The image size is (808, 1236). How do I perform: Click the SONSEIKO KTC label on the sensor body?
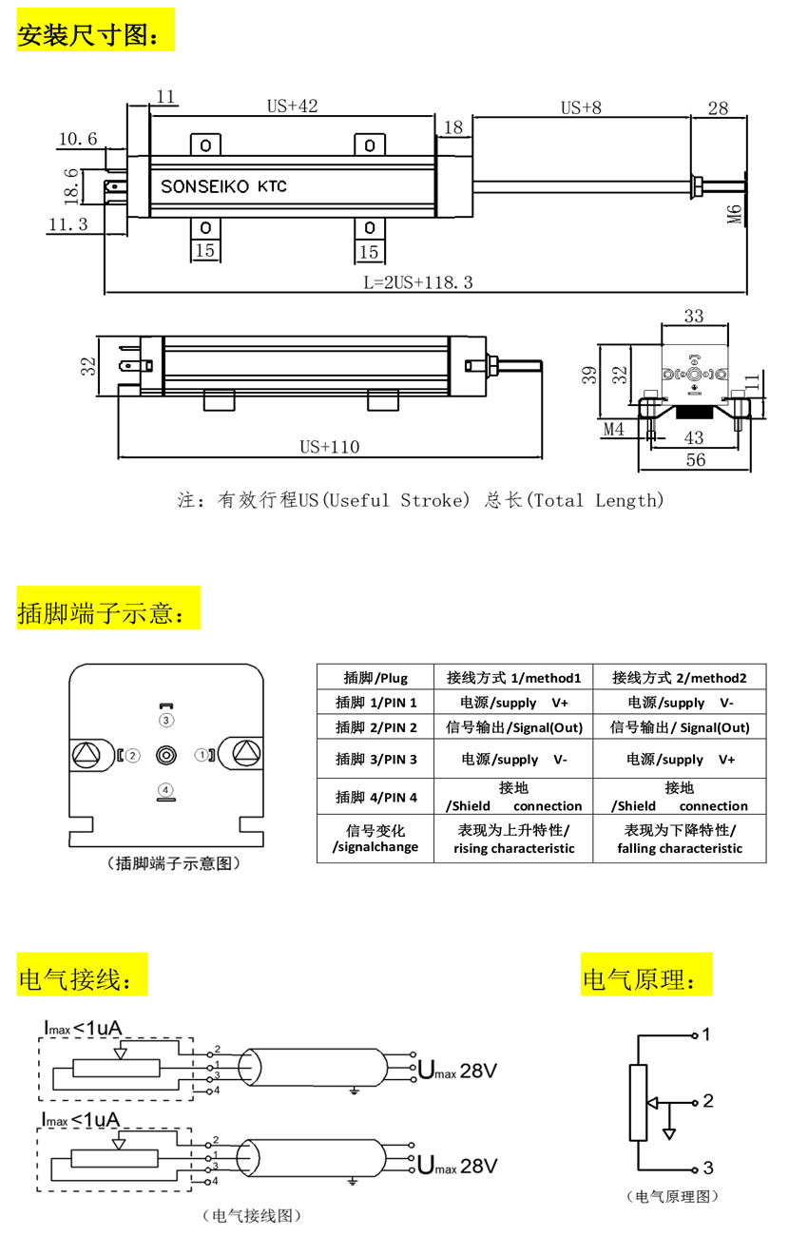[x=223, y=186]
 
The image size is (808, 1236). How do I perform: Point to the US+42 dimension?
[x=293, y=106]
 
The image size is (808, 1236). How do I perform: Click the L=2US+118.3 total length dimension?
[x=418, y=282]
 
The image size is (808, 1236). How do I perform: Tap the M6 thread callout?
[x=734, y=214]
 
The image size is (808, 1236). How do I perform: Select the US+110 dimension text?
[x=330, y=447]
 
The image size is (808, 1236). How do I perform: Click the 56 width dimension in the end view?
[x=696, y=459]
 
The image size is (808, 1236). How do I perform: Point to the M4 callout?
[x=614, y=429]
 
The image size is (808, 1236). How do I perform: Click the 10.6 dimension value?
[x=78, y=139]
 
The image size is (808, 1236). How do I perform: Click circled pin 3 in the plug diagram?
[x=166, y=720]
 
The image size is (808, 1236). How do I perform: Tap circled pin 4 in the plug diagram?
[x=165, y=789]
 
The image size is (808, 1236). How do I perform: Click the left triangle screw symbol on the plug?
[x=87, y=754]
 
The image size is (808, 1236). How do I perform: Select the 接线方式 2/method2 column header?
[x=679, y=678]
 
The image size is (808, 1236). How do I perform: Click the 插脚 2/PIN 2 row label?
[x=376, y=727]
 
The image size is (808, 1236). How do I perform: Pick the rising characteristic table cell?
[x=513, y=840]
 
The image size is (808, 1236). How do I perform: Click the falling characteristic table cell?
[x=680, y=840]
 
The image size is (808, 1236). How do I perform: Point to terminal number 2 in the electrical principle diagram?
[x=708, y=1101]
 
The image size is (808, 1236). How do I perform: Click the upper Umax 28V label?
[x=457, y=1071]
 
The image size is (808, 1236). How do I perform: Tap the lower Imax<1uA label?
[x=81, y=1120]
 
